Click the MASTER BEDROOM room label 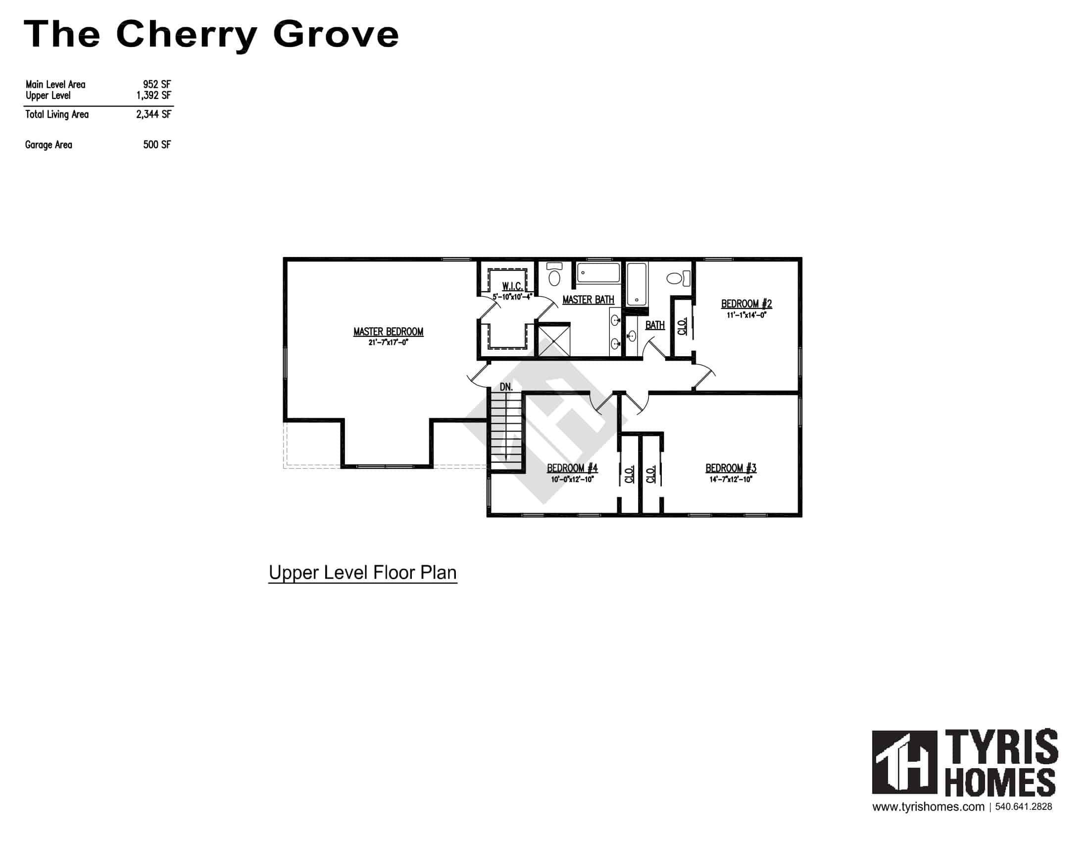coord(388,332)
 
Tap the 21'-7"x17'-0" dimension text coord(388,343)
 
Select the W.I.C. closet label coord(512,286)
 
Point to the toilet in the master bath coord(554,276)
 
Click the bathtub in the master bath coord(598,273)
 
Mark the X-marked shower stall coord(553,340)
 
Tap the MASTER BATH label coord(588,300)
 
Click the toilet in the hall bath coord(676,278)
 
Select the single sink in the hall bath coord(632,337)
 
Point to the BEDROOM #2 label coord(746,304)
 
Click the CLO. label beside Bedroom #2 coord(682,326)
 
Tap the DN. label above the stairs coord(506,387)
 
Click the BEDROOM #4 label coord(572,468)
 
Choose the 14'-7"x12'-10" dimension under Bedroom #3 coord(731,479)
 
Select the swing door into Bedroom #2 coord(703,377)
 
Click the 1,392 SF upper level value coord(153,95)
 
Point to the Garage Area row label coord(49,145)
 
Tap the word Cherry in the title coord(186,34)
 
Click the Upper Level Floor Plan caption coord(362,573)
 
